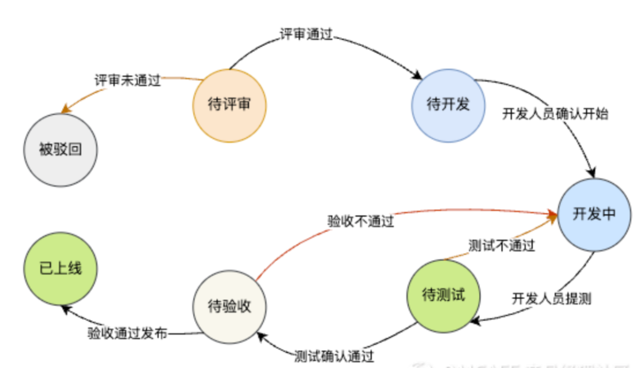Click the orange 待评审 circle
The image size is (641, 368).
point(229,105)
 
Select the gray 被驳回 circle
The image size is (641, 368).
point(60,151)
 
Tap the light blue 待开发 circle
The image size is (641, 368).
point(448,105)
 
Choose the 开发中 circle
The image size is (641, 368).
point(594,214)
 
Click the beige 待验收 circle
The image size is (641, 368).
point(229,307)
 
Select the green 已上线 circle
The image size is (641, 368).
point(60,269)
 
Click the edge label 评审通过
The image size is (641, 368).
point(305,34)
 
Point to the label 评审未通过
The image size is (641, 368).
point(128,81)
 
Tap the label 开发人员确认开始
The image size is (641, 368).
point(555,114)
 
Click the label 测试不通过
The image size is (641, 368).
point(502,246)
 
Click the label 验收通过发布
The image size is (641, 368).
point(128,334)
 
